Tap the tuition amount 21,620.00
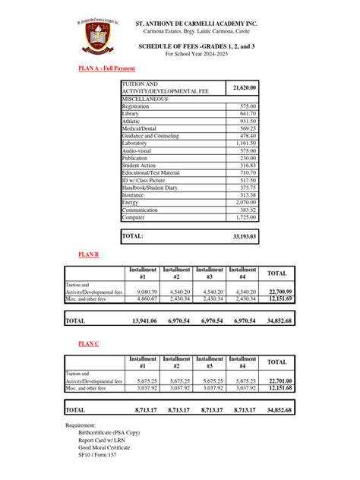243,87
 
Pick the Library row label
131,114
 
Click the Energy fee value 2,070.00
245,202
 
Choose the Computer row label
134,217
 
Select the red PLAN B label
90,254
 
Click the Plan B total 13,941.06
144,321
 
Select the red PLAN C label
90,344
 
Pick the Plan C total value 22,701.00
279,381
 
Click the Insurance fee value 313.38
247,194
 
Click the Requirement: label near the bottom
81,425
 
